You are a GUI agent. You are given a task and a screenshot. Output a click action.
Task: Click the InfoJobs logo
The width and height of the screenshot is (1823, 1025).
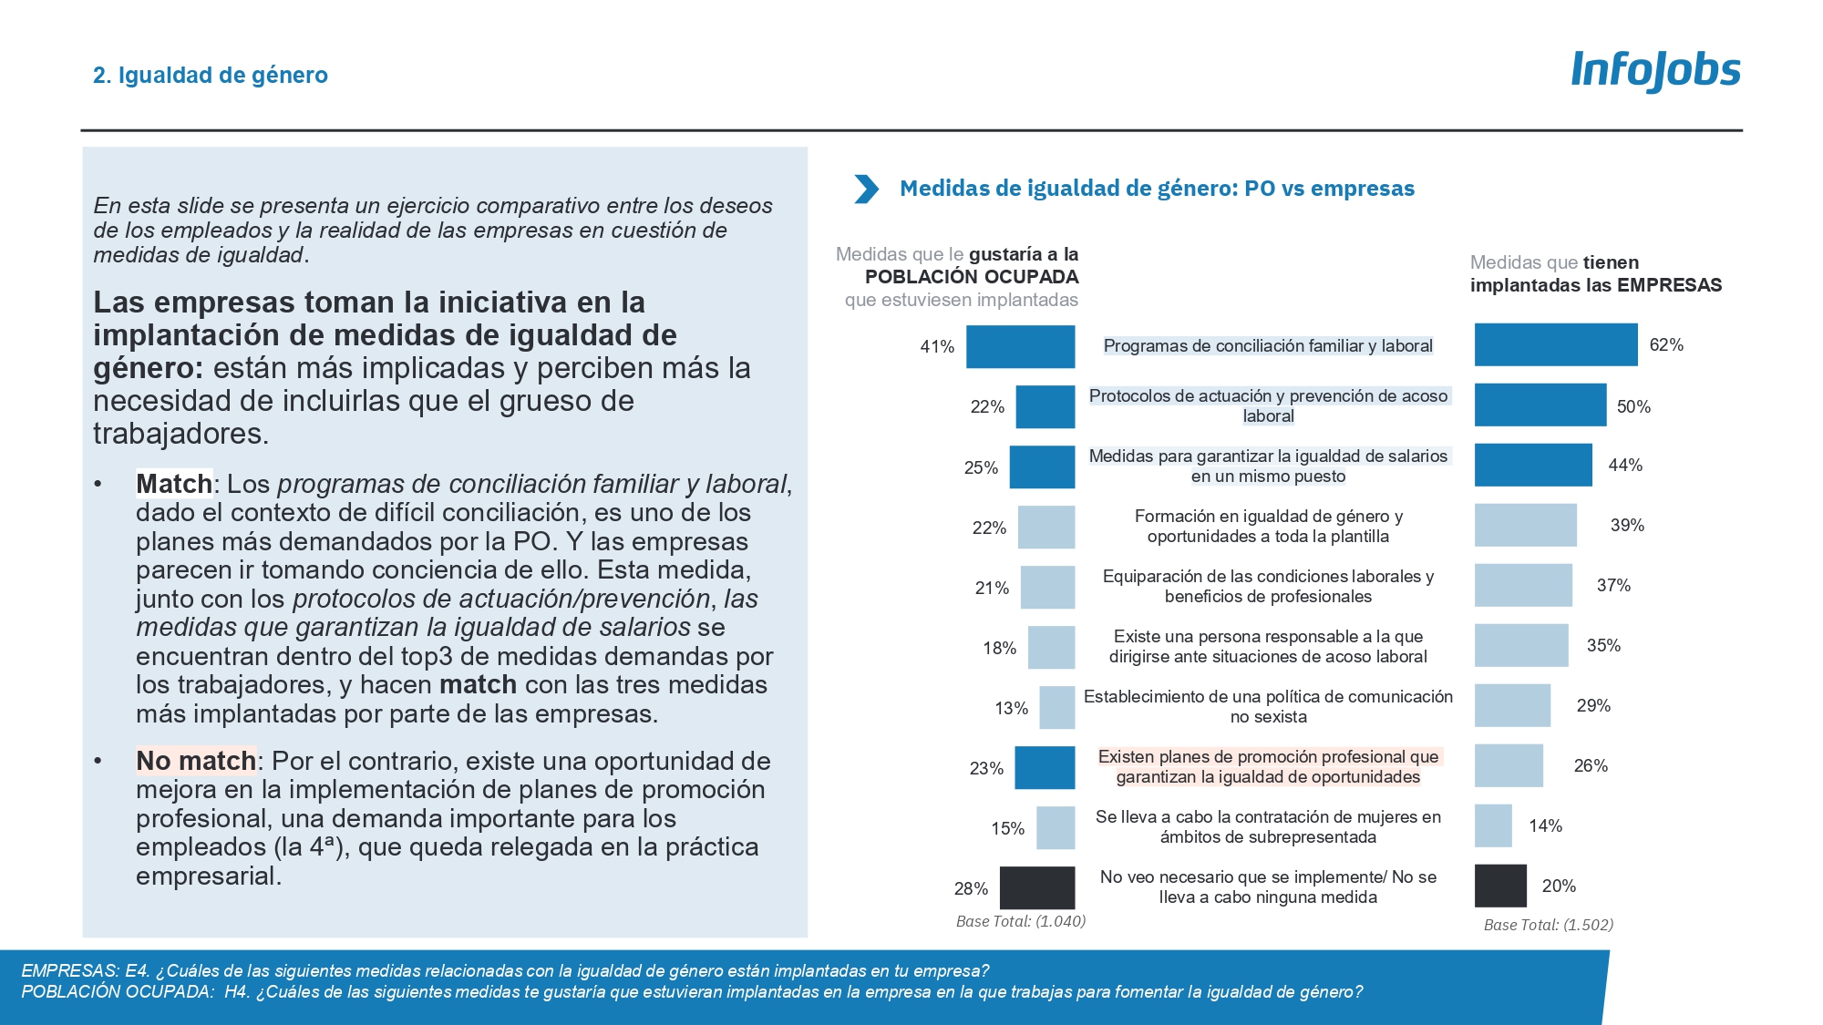pyautogui.click(x=1655, y=70)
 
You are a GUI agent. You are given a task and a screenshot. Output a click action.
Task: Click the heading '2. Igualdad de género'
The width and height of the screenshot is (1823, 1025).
pyautogui.click(x=211, y=75)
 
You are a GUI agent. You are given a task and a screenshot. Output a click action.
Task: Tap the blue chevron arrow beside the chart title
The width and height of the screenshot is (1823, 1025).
pyautogui.click(x=866, y=189)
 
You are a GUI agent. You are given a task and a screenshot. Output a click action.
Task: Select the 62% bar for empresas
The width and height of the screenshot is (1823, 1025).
pyautogui.click(x=1555, y=345)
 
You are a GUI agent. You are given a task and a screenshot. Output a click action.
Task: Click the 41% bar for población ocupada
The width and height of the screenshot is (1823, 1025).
pyautogui.click(x=1020, y=347)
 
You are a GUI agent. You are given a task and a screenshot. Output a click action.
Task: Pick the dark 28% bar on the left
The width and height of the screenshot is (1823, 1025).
pyautogui.click(x=1036, y=887)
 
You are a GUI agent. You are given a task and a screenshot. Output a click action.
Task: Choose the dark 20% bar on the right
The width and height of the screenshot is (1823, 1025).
pyautogui.click(x=1500, y=886)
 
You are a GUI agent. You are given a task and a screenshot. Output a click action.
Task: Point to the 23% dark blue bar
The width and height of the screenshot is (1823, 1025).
pyautogui.click(x=1045, y=767)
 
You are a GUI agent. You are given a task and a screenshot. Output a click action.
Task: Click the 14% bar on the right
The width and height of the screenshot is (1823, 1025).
pyautogui.click(x=1493, y=825)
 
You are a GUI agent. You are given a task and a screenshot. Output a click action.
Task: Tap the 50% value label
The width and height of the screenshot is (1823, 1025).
pyautogui.click(x=1633, y=406)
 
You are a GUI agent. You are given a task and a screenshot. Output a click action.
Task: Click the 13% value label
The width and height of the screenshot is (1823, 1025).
pyautogui.click(x=1011, y=708)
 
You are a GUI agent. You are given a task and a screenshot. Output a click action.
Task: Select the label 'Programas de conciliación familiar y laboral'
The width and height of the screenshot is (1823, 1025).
pyautogui.click(x=1268, y=346)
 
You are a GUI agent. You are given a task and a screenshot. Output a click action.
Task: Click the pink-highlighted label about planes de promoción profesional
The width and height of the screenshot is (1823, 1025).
pyautogui.click(x=1268, y=766)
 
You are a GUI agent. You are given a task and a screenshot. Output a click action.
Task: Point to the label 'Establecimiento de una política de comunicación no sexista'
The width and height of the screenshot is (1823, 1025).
pyautogui.click(x=1268, y=706)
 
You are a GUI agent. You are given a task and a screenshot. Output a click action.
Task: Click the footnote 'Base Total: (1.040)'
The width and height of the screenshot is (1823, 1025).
pyautogui.click(x=1020, y=921)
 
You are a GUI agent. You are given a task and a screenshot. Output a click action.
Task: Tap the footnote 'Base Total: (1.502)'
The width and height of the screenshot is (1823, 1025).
pyautogui.click(x=1548, y=925)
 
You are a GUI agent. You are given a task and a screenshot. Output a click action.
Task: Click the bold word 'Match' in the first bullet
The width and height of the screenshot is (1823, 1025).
pyautogui.click(x=173, y=484)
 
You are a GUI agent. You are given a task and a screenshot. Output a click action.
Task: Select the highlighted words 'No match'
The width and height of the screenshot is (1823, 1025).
pyautogui.click(x=196, y=761)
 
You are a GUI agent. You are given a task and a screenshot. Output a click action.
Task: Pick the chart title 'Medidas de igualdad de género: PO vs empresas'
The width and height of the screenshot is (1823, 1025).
pyautogui.click(x=1157, y=189)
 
